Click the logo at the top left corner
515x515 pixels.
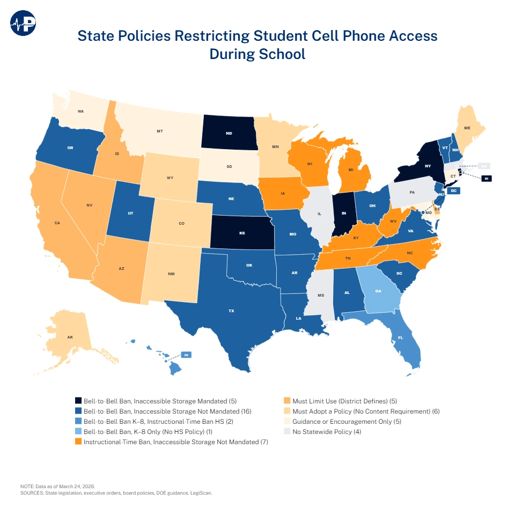tap(23, 23)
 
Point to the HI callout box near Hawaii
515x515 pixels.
tap(186, 355)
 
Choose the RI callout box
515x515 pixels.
tap(485, 179)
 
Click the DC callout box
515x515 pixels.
tap(453, 190)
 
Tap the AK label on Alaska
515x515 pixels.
tap(70, 337)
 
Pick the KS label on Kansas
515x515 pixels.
tap(242, 234)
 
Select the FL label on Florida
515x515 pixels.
tap(400, 338)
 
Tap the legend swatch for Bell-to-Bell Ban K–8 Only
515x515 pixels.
tap(78, 432)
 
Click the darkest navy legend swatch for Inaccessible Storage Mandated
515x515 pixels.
tap(78, 401)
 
